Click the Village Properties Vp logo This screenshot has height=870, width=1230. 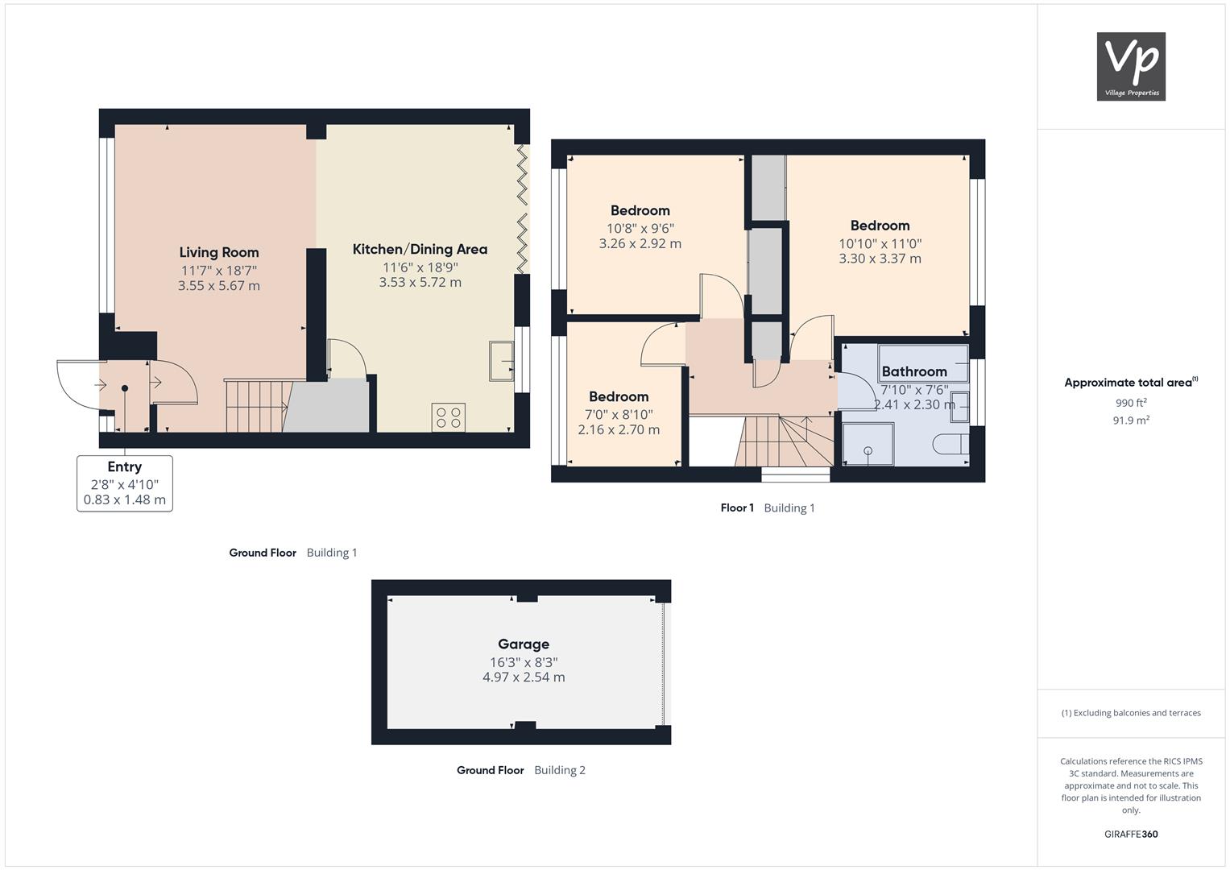click(1131, 66)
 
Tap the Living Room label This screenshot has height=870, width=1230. click(219, 253)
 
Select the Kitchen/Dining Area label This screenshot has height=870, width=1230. click(420, 250)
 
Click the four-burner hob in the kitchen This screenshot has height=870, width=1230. click(449, 417)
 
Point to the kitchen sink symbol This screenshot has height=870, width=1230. click(501, 362)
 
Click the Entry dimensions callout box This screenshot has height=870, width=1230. click(125, 483)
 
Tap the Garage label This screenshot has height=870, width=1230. click(524, 644)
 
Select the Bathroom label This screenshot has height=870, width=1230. click(914, 372)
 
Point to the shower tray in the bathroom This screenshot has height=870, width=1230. click(868, 445)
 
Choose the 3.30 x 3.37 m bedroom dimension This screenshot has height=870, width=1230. click(880, 259)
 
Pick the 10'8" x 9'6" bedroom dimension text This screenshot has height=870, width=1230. click(640, 229)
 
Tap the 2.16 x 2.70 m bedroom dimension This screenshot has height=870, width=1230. click(619, 429)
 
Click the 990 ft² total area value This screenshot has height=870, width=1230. click(1131, 403)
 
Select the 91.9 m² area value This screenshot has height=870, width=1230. click(1131, 420)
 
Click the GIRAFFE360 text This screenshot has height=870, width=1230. click(1131, 835)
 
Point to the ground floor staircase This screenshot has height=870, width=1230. click(258, 406)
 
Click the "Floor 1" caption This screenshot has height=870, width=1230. click(737, 508)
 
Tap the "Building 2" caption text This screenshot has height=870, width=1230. click(560, 770)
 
